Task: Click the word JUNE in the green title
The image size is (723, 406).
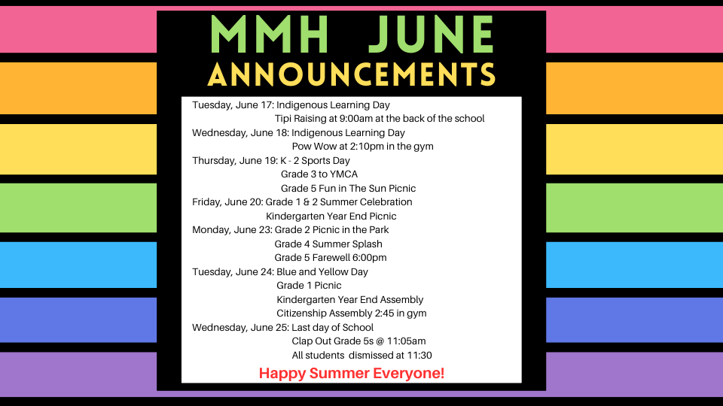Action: [432, 35]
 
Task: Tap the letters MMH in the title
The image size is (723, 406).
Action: [269, 35]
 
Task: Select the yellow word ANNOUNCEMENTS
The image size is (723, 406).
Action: [352, 74]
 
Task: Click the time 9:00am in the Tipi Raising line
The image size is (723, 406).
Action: [356, 119]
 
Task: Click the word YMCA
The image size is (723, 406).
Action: [343, 174]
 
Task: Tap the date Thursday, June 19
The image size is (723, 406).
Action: [234, 161]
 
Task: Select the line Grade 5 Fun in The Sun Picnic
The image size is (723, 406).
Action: [348, 188]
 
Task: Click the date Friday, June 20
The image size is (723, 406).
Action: [227, 202]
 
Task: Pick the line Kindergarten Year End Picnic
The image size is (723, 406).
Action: [331, 217]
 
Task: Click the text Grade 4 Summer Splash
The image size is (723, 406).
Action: [328, 244]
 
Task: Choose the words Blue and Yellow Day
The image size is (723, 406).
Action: [322, 272]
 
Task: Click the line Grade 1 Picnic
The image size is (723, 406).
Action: [309, 286]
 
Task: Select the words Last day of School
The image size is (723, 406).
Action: [332, 327]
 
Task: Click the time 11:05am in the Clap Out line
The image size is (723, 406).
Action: [406, 341]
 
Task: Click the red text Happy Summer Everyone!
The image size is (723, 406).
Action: [352, 374]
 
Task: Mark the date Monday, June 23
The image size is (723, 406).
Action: [232, 230]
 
